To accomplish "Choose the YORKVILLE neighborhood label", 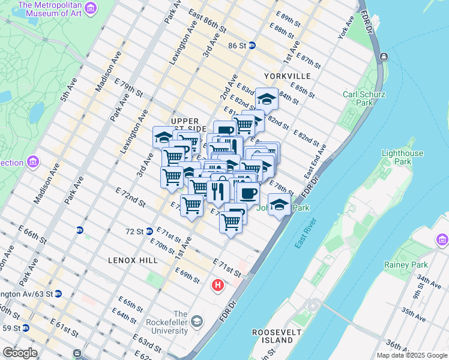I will click(x=287, y=76).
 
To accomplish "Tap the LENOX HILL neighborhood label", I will click(x=133, y=260).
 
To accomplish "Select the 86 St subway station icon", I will click(x=253, y=45).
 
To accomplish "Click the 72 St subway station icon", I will click(x=149, y=231).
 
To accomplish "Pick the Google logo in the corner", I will click(x=20, y=353).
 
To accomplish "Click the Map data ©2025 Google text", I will click(x=412, y=355).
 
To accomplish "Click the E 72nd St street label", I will click(x=131, y=197).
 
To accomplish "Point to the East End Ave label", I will click(x=315, y=160).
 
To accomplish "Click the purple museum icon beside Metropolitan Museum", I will click(x=90, y=8).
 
